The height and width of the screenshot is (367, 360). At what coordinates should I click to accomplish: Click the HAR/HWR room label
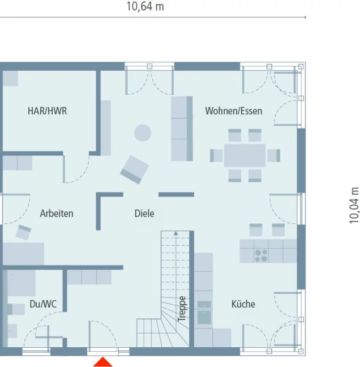pyautogui.click(x=47, y=111)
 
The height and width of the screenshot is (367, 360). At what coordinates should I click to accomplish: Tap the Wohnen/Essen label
pyautogui.click(x=234, y=111)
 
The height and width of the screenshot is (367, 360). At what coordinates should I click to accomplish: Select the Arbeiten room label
pyautogui.click(x=57, y=214)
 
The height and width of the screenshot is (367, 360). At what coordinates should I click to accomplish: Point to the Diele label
pyautogui.click(x=144, y=214)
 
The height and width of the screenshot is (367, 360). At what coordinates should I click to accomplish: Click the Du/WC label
pyautogui.click(x=43, y=304)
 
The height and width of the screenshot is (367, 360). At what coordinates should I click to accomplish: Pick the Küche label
pyautogui.click(x=243, y=304)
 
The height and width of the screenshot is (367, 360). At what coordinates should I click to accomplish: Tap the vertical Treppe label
pyautogui.click(x=182, y=309)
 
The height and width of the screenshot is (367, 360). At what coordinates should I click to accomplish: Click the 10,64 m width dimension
pyautogui.click(x=145, y=6)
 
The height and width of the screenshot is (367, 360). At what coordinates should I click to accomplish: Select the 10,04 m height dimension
pyautogui.click(x=354, y=205)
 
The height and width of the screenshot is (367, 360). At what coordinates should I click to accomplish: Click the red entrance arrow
pyautogui.click(x=103, y=362)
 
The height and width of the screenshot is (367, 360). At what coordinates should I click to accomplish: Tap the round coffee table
pyautogui.click(x=143, y=133)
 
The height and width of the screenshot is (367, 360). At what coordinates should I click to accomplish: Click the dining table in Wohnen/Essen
pyautogui.click(x=245, y=155)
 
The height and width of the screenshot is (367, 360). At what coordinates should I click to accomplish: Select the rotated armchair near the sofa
pyautogui.click(x=135, y=169)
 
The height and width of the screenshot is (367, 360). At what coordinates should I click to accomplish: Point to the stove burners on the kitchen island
pyautogui.click(x=261, y=255)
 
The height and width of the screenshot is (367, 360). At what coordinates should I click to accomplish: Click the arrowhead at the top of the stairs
pyautogui.click(x=175, y=233)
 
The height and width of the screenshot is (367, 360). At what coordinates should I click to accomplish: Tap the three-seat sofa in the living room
pyautogui.click(x=182, y=129)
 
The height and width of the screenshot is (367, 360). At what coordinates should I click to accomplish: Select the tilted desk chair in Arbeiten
pyautogui.click(x=23, y=232)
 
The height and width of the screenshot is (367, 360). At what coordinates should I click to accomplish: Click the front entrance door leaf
pyautogui.click(x=89, y=334)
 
